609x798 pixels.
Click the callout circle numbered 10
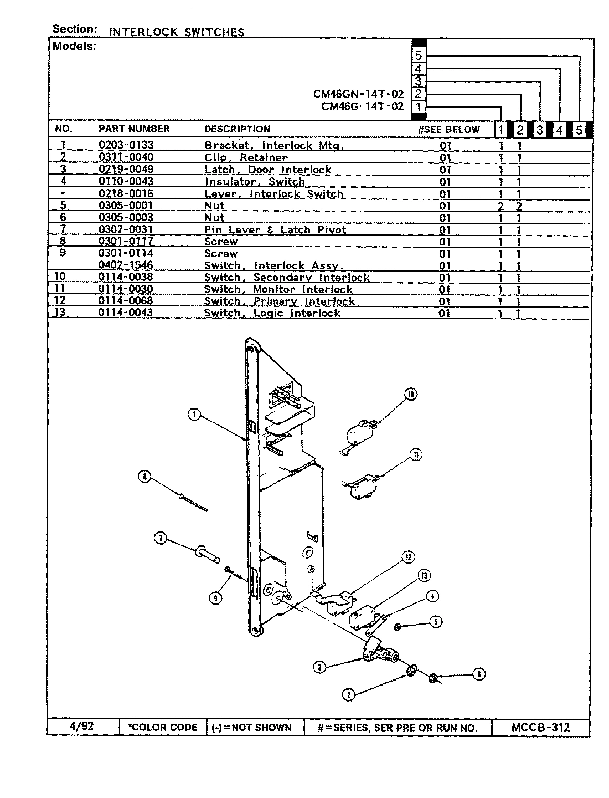pyautogui.click(x=410, y=395)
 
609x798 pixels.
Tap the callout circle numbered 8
pyautogui.click(x=144, y=476)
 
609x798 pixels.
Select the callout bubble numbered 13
pyautogui.click(x=424, y=576)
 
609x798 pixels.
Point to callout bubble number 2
pyautogui.click(x=348, y=694)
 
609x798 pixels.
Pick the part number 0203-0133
pyautogui.click(x=126, y=145)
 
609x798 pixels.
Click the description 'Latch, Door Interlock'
pyautogui.click(x=268, y=170)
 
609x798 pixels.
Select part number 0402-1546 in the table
pyautogui.click(x=126, y=265)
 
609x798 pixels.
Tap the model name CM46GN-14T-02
pyautogui.click(x=358, y=94)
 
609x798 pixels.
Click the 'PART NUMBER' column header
pyautogui.click(x=134, y=129)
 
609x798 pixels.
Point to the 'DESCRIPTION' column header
pyautogui.click(x=237, y=129)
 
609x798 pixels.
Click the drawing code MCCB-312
pyautogui.click(x=540, y=727)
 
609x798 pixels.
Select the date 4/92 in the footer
pyautogui.click(x=82, y=727)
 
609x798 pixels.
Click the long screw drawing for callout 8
pyautogui.click(x=194, y=502)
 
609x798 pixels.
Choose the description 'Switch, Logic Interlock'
pyautogui.click(x=272, y=313)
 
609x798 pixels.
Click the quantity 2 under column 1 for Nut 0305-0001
pyautogui.click(x=500, y=206)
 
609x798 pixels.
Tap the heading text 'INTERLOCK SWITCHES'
pyautogui.click(x=177, y=32)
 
